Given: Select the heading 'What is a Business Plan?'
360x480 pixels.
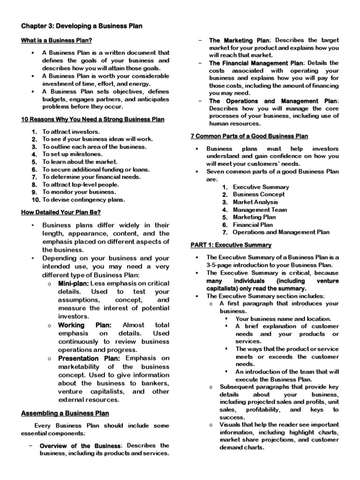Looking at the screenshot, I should [x=56, y=41].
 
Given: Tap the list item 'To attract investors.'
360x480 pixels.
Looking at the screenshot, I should [x=71, y=132].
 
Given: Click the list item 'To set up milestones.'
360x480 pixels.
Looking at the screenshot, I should [x=73, y=154].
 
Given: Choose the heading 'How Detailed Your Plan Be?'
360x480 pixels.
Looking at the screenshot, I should [x=62, y=212].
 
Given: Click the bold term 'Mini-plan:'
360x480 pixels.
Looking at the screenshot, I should [x=73, y=284].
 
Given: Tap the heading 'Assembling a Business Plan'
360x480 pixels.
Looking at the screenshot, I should [x=65, y=413].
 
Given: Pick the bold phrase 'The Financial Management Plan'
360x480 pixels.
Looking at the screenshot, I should [x=256, y=63].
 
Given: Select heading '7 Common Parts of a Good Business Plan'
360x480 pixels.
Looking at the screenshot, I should [x=249, y=136].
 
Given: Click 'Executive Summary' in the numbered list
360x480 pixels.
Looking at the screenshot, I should [x=261, y=187].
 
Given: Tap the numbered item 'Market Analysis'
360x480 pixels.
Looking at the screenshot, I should [x=256, y=202].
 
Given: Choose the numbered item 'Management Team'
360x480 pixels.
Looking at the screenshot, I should [x=260, y=210].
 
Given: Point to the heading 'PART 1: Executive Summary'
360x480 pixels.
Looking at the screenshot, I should [x=231, y=245].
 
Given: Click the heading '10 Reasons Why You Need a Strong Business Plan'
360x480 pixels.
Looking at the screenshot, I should [x=93, y=120].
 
